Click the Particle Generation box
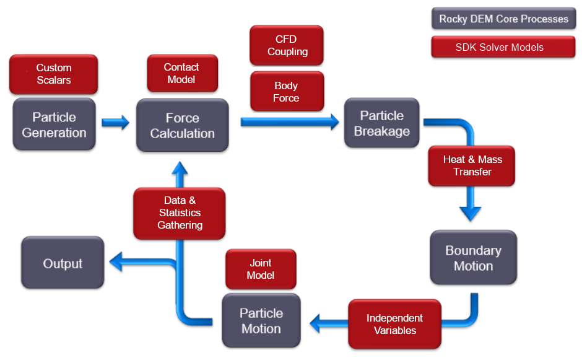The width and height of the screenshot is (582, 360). tap(54, 125)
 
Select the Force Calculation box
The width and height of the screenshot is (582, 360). tap(182, 126)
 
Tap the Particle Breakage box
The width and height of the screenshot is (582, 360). tap(381, 123)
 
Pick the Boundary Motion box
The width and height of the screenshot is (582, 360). tap(473, 258)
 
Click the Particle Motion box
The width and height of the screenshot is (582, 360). tap(261, 320)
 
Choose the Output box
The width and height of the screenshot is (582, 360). tap(63, 263)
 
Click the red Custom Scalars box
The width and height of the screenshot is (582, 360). tap(54, 74)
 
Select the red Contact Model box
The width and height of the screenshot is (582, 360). tap(181, 73)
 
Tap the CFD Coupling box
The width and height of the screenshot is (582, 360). tap(287, 45)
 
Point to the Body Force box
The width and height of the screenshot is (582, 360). tap(286, 92)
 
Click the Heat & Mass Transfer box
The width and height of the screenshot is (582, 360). tap(472, 165)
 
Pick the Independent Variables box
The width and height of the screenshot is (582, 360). tap(394, 324)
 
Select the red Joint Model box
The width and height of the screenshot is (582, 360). tap(260, 269)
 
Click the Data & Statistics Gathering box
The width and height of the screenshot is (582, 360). tap(180, 213)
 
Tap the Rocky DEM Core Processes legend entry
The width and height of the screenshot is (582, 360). tap(503, 19)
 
